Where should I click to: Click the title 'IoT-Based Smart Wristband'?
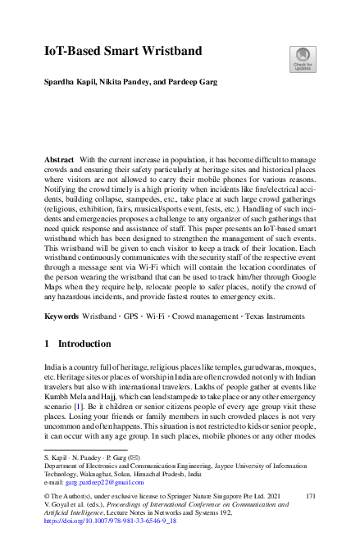click(x=123, y=52)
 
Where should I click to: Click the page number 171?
click(x=309, y=497)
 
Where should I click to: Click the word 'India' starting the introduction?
click(x=54, y=371)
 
